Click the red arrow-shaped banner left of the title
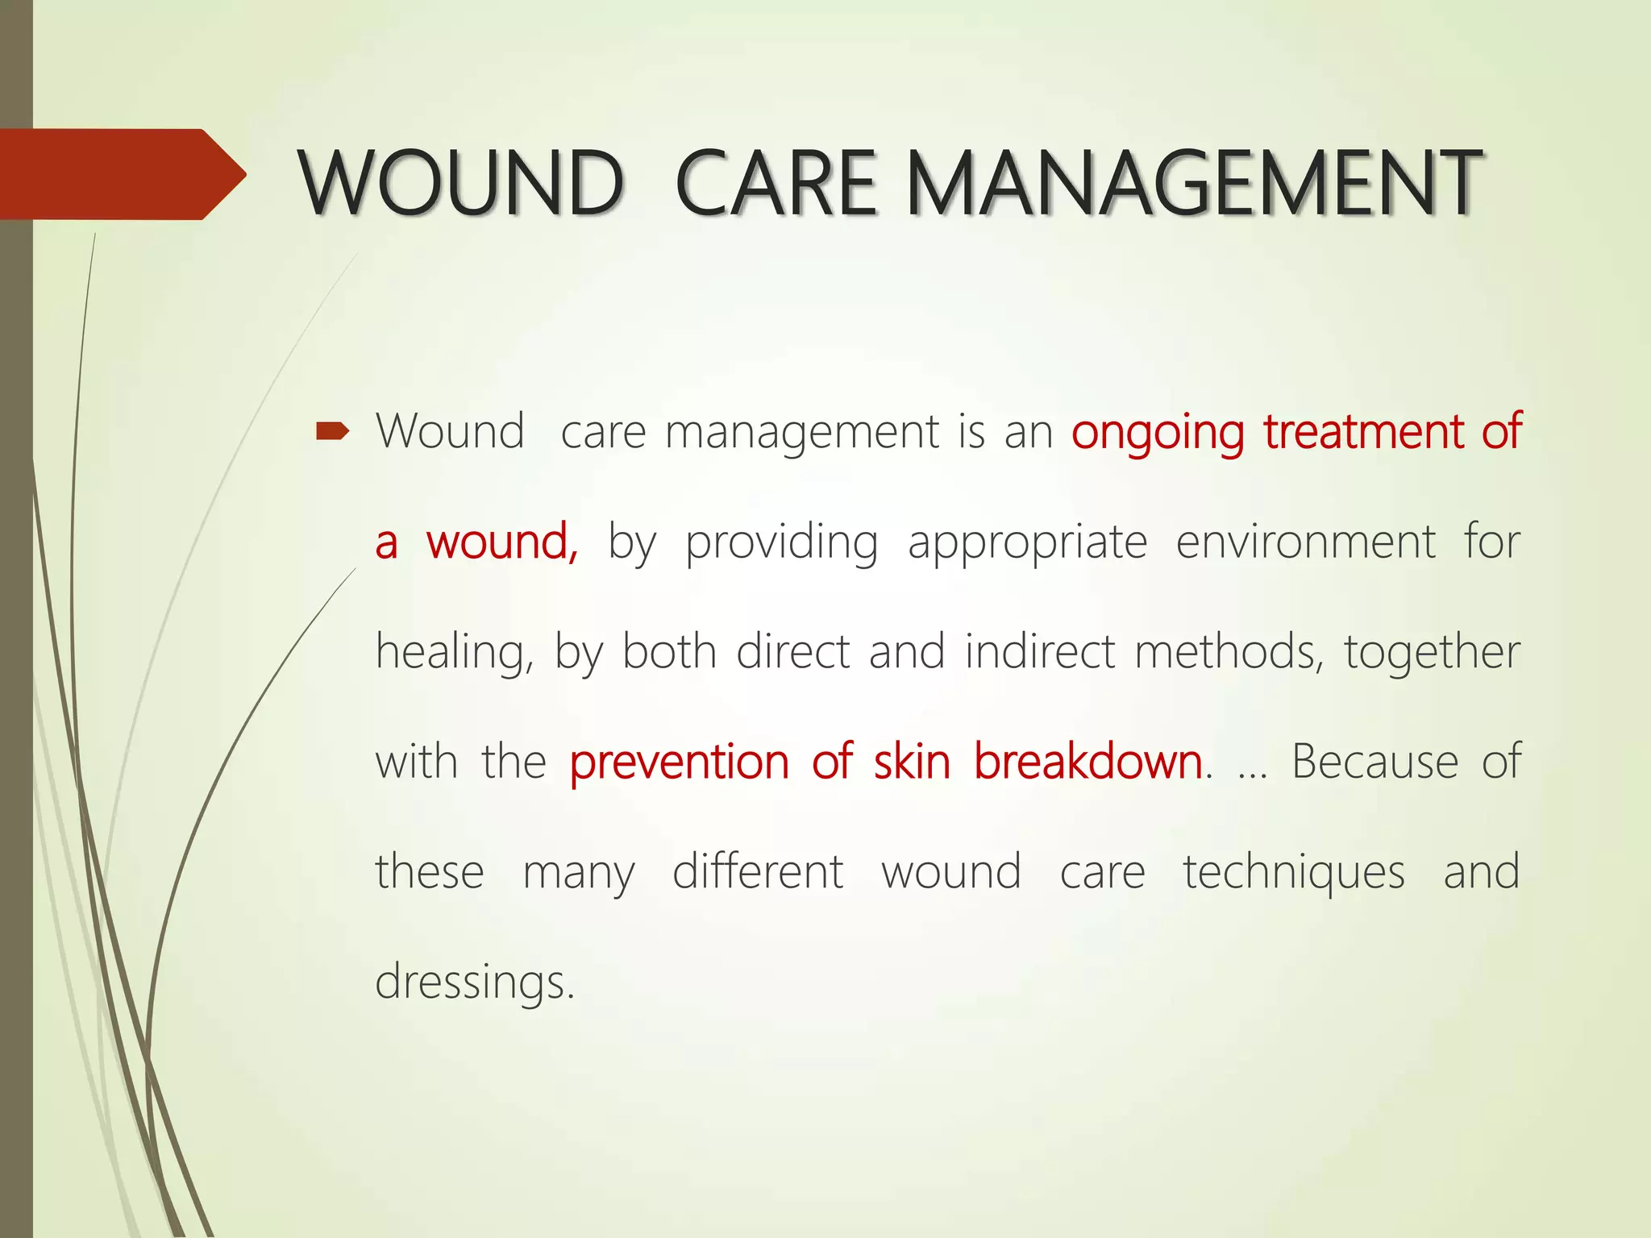pyautogui.click(x=113, y=174)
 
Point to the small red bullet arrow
pyautogui.click(x=332, y=433)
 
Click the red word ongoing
pyautogui.click(x=1158, y=433)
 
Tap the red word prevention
pyautogui.click(x=679, y=762)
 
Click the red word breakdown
pyautogui.click(x=1087, y=762)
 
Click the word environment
pyautogui.click(x=1305, y=542)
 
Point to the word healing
pyautogui.click(x=452, y=653)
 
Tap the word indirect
pyautogui.click(x=1039, y=651)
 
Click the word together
pyautogui.click(x=1431, y=653)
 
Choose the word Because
pyautogui.click(x=1374, y=762)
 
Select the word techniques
pyautogui.click(x=1293, y=873)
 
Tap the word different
pyautogui.click(x=757, y=872)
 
